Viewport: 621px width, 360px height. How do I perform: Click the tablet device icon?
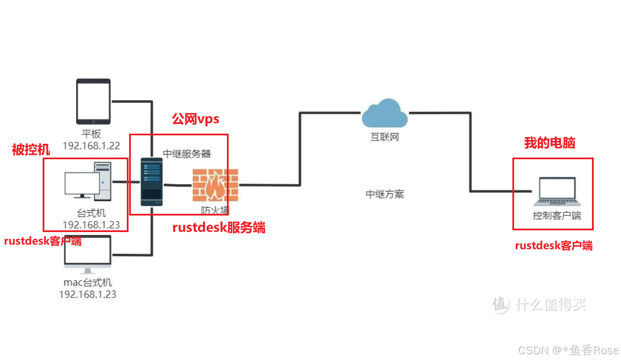pos(93,101)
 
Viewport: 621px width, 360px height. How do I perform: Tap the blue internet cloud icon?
pos(384,113)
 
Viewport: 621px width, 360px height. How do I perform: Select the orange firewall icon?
pos(216,185)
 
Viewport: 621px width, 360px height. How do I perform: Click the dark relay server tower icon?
pos(152,182)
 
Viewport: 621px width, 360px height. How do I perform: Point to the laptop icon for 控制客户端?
pos(557,191)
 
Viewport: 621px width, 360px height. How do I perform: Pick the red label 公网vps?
pos(195,119)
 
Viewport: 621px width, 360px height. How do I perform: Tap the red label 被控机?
pos(31,150)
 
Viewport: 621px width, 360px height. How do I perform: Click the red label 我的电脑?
pos(549,143)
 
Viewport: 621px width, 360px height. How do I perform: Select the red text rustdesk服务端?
pos(218,227)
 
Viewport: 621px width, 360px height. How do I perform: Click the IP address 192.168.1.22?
pos(91,146)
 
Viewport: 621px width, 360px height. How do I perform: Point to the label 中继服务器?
pos(187,154)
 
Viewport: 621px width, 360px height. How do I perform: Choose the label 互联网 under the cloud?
pos(384,137)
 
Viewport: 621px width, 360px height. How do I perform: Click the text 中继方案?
pos(384,194)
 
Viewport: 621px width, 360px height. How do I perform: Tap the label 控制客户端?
pos(557,216)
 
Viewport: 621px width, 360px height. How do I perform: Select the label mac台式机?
pos(88,283)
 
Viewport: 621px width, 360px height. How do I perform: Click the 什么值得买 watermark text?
pos(550,305)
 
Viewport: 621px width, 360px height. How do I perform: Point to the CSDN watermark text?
pos(568,350)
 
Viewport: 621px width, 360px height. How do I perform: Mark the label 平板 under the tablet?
pos(91,134)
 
